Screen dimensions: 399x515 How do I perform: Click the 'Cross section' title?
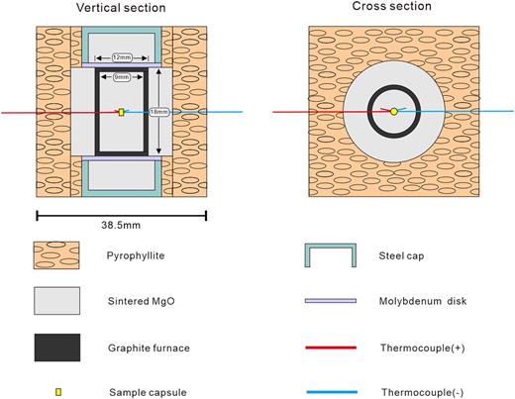point(393,7)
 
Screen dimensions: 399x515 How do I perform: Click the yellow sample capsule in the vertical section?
point(121,112)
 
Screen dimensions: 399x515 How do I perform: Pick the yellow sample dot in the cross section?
point(393,112)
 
